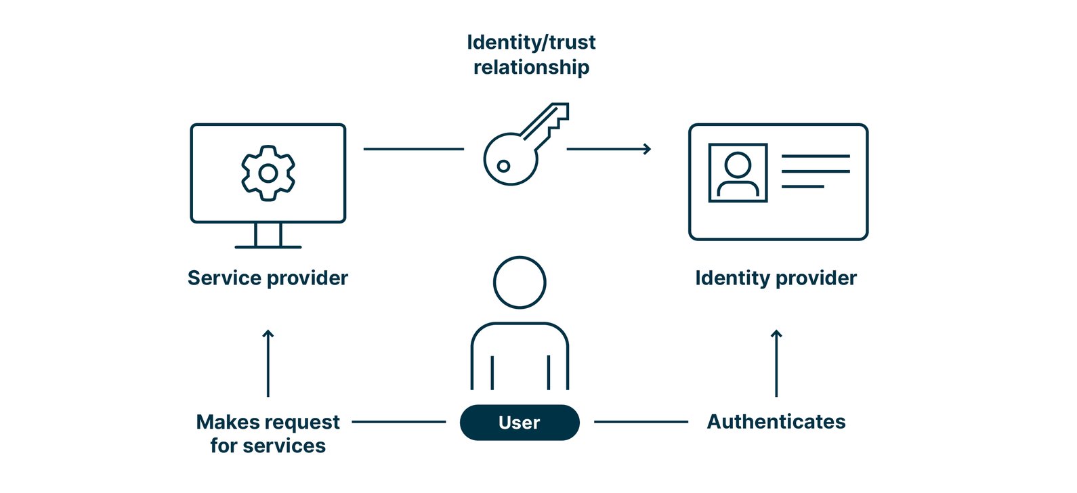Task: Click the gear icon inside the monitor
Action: click(x=268, y=173)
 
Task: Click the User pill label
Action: click(x=520, y=423)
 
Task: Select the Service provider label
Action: click(x=268, y=278)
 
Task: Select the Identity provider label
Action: click(x=776, y=278)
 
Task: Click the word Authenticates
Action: click(x=776, y=422)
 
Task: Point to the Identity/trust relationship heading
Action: click(x=531, y=54)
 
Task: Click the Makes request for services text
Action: click(x=268, y=433)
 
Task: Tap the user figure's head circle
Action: click(x=520, y=282)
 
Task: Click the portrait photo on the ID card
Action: click(x=738, y=173)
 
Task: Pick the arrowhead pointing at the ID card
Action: click(x=647, y=149)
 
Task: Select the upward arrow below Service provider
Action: click(x=268, y=362)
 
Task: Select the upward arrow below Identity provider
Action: click(x=776, y=362)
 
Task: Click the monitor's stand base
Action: click(x=268, y=247)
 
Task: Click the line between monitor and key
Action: click(x=413, y=149)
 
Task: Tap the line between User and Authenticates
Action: click(x=641, y=422)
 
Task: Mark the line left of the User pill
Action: click(x=399, y=422)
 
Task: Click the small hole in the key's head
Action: click(x=503, y=166)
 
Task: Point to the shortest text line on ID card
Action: click(x=803, y=186)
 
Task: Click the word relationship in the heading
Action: click(x=531, y=67)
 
